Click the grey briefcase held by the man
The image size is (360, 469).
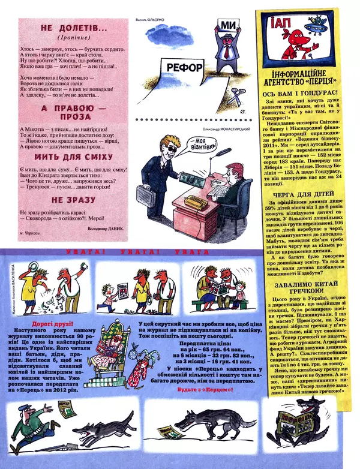(146, 193)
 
